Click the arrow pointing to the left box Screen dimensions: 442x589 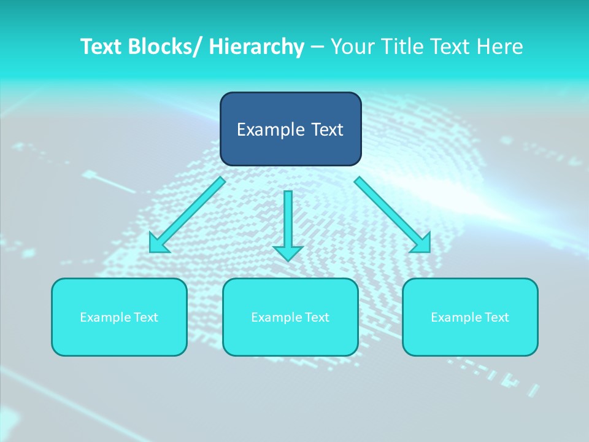click(x=188, y=215)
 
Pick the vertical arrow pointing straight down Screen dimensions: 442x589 click(x=288, y=221)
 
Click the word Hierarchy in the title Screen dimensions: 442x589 click(x=256, y=47)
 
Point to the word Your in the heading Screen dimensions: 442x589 click(x=350, y=47)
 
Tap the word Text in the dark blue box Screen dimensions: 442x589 click(x=326, y=130)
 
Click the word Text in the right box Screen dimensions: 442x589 click(x=496, y=317)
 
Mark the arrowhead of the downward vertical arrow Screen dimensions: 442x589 click(x=288, y=252)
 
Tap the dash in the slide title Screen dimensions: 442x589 click(x=317, y=47)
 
